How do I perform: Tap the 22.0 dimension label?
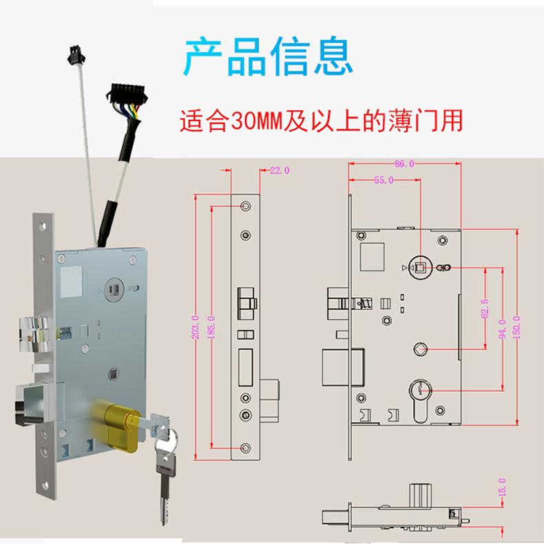pos(280,170)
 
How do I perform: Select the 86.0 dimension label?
pos(404,164)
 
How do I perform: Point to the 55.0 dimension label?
pos(384,180)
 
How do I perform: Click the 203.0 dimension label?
pos(195,327)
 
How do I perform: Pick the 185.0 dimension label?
pos(211,327)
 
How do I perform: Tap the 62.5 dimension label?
pos(485,307)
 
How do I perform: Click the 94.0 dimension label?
pos(501,327)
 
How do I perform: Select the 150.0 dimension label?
pos(518,327)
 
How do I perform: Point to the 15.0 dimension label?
pos(501,488)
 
